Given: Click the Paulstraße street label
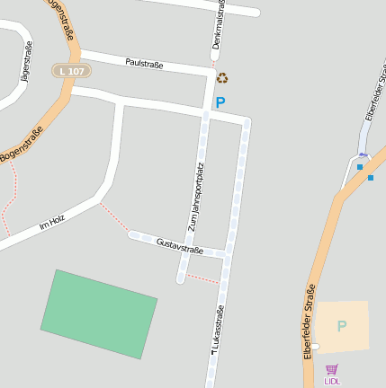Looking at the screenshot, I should [x=144, y=64].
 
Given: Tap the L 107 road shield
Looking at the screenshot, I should [x=71, y=70].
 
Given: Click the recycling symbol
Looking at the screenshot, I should [x=222, y=79].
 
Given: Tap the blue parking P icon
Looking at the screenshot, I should [x=220, y=103].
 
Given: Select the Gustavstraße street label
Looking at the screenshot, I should [x=179, y=245].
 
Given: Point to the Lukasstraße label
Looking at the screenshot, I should [x=217, y=332].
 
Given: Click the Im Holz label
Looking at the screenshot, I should [x=52, y=223].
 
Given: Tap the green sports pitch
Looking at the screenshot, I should [x=98, y=313].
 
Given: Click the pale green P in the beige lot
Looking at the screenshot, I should [x=341, y=326].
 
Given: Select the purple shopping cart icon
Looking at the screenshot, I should [x=332, y=369].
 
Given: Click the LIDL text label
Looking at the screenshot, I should [x=332, y=382].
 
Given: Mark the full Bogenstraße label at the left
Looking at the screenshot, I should [x=22, y=144].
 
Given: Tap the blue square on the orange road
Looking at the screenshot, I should [x=370, y=177].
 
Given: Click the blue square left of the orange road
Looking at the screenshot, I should [x=359, y=166].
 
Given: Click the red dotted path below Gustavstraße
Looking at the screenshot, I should [x=202, y=279].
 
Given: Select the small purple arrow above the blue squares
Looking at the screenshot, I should [x=362, y=154].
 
